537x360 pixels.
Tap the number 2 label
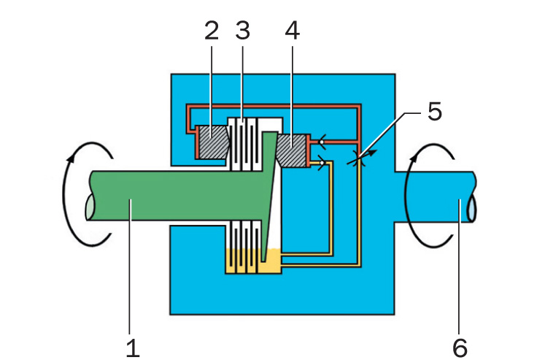point(212,31)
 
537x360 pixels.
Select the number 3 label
point(243,31)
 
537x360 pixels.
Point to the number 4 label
point(292,31)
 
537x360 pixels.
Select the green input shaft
point(175,198)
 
